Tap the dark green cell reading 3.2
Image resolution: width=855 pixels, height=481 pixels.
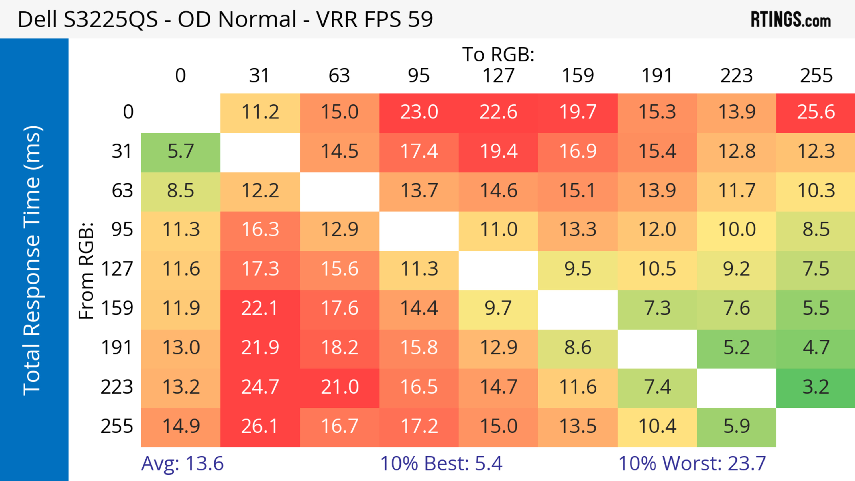coord(816,387)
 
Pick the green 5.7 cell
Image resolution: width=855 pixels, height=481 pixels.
coord(181,152)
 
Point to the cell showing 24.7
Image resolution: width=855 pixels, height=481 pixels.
coord(260,387)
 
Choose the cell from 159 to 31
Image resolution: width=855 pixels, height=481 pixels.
coord(260,308)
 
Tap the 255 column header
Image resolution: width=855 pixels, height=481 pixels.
coord(816,76)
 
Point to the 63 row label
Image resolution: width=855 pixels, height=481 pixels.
coord(122,191)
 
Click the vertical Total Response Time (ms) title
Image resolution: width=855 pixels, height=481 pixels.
coord(33,260)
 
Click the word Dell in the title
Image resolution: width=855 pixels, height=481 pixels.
coord(37,20)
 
